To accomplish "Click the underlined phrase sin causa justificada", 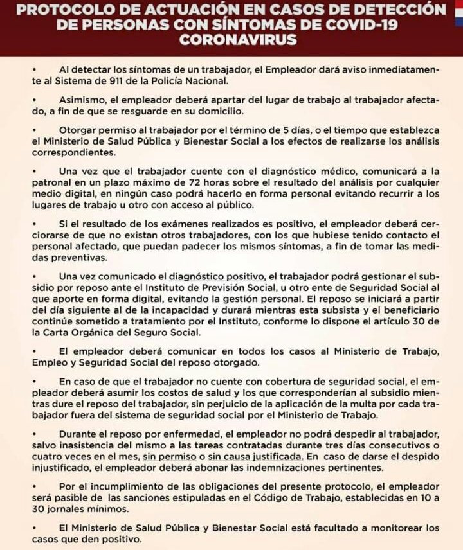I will pyautogui.click(x=260, y=456).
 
